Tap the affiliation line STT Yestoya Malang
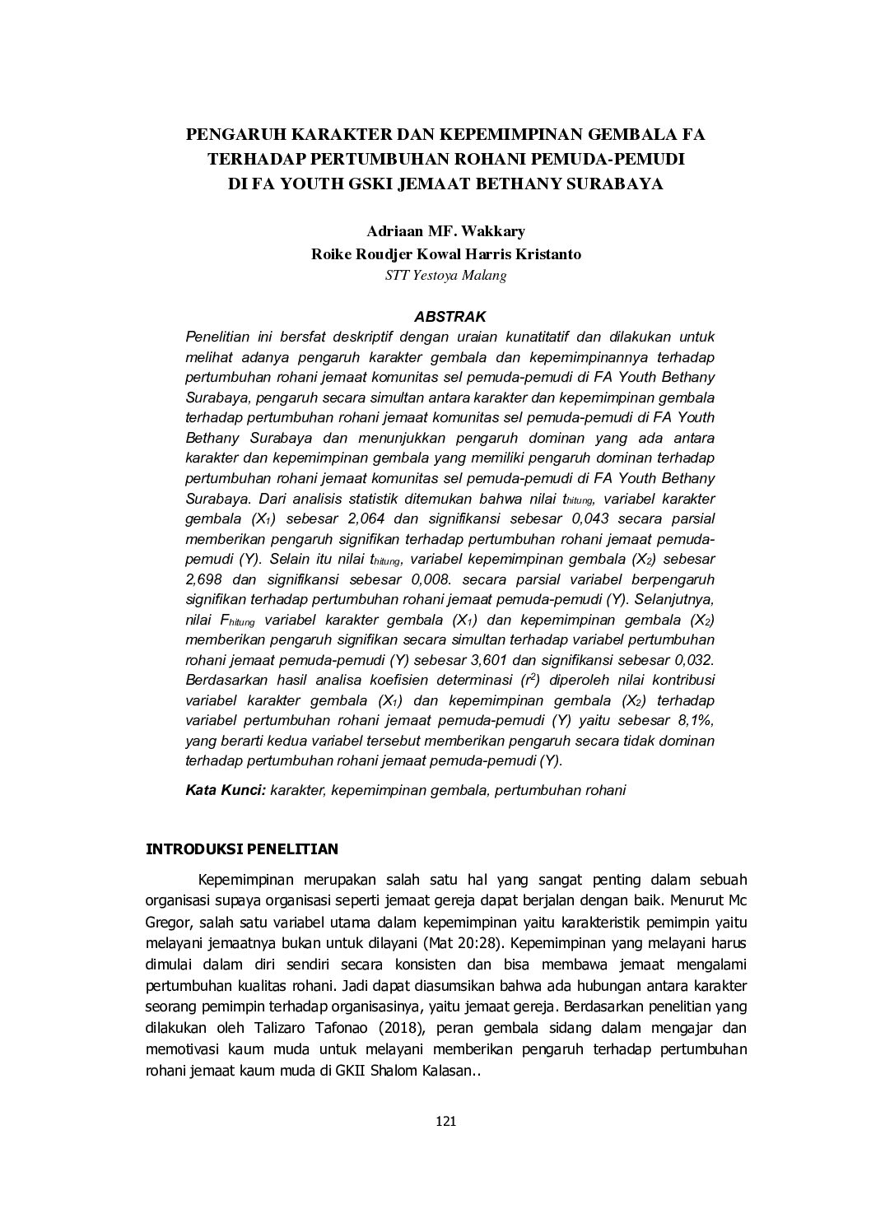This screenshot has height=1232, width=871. coord(445,276)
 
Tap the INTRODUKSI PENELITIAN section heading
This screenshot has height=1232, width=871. coord(241,848)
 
